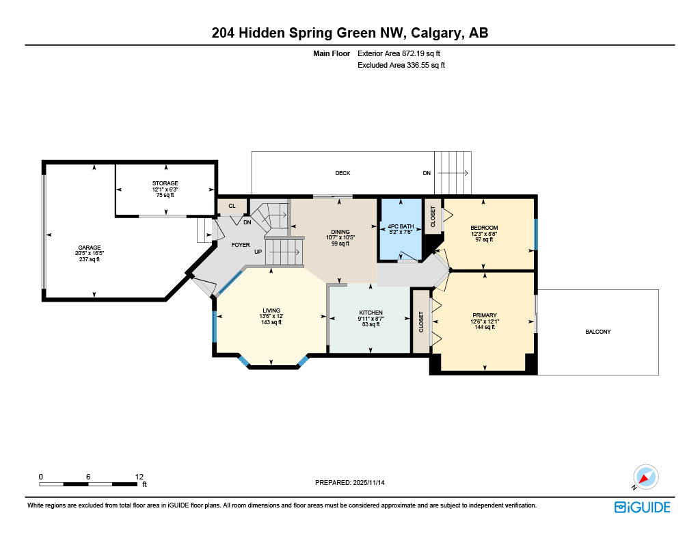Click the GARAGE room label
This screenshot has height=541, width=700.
click(90, 248)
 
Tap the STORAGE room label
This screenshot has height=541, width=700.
click(165, 183)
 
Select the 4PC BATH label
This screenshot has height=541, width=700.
click(400, 226)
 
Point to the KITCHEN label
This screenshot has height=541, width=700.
click(371, 313)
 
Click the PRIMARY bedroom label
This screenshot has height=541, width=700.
click(484, 315)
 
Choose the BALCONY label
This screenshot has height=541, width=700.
click(597, 332)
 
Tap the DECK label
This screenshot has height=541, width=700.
click(342, 173)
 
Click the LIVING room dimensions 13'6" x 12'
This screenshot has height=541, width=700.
click(271, 316)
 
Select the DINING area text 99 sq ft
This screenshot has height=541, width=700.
click(340, 243)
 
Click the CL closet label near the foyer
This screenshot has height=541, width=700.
click(232, 206)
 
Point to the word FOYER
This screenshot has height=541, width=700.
click(240, 244)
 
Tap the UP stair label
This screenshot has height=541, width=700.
click(258, 252)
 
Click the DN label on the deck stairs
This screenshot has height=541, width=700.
click(427, 173)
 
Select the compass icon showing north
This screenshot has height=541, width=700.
click(645, 477)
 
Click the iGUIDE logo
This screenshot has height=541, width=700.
click(642, 507)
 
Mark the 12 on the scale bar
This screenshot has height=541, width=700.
click(139, 477)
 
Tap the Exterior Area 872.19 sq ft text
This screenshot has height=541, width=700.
click(403, 53)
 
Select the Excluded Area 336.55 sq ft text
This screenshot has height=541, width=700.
click(401, 66)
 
